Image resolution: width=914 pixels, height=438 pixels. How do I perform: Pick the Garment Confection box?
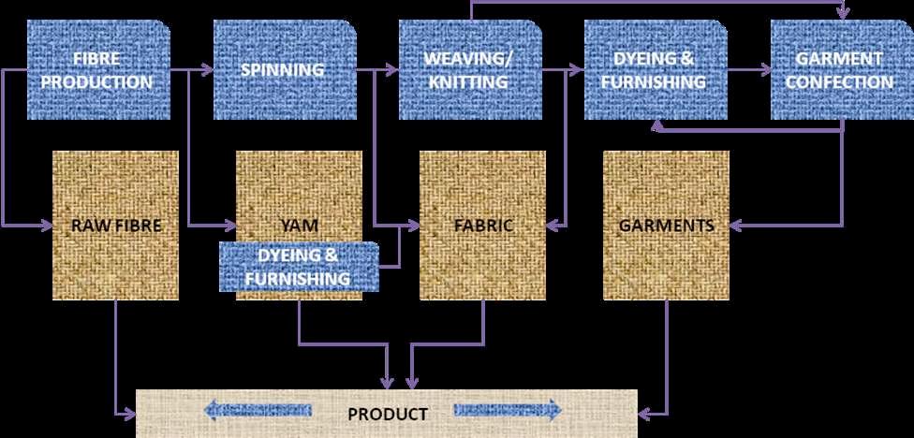coord(839,70)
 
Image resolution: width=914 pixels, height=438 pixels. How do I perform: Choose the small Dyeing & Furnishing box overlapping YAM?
coord(299,266)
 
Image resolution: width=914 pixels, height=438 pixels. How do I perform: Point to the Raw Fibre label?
coord(117,226)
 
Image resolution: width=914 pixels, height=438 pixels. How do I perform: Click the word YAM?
coord(298,226)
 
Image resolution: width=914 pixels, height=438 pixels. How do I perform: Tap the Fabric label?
coord(482,226)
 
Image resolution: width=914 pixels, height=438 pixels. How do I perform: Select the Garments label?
coord(666,226)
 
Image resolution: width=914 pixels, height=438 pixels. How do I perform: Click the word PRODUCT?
coord(388,414)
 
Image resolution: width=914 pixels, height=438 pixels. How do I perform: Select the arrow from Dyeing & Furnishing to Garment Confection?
coord(750,69)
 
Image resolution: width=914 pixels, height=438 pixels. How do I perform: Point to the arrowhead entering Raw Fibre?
coord(49,225)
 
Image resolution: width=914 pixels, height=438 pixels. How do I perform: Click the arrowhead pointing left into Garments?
coord(735,225)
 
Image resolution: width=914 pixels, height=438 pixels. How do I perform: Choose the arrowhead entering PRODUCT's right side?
coord(645,413)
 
